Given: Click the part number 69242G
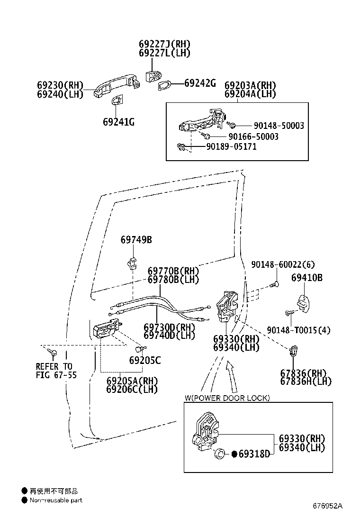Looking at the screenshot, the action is point(200,83).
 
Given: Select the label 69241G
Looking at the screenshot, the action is point(119,122).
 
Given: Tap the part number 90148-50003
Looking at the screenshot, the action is point(279,126).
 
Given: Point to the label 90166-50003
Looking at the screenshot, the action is point(253,136).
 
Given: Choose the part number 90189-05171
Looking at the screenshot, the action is point(231,146).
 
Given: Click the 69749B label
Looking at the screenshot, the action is point(136,240).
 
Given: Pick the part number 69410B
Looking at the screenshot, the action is point(307,278).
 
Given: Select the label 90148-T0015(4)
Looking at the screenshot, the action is point(298,330).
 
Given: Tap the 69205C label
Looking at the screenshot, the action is point(145,360).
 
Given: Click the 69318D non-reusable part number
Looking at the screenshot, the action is point(254,454).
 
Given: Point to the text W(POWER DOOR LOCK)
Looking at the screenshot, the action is point(227,398).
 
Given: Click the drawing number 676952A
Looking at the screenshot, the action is point(327,506).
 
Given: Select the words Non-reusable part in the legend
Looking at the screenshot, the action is point(56,500).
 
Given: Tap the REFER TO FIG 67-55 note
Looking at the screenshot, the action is point(56,371).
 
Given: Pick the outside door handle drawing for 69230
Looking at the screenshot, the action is point(117,86).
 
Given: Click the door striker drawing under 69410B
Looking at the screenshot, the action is point(304,303).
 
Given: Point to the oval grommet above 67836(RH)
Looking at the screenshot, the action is point(293,351).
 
